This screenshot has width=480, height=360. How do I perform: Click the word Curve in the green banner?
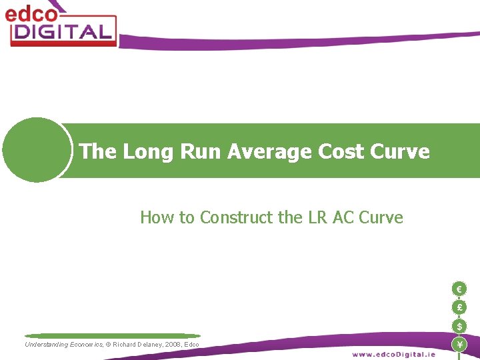click(399, 152)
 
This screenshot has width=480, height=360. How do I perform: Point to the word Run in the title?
click(197, 152)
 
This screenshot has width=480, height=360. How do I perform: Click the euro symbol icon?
click(459, 289)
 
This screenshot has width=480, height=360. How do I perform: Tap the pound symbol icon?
click(459, 307)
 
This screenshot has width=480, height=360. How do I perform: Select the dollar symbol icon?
click(459, 326)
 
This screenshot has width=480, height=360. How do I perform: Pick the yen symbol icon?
click(459, 345)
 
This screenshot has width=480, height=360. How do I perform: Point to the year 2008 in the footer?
click(169, 345)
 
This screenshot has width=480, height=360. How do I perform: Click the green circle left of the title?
click(37, 150)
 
